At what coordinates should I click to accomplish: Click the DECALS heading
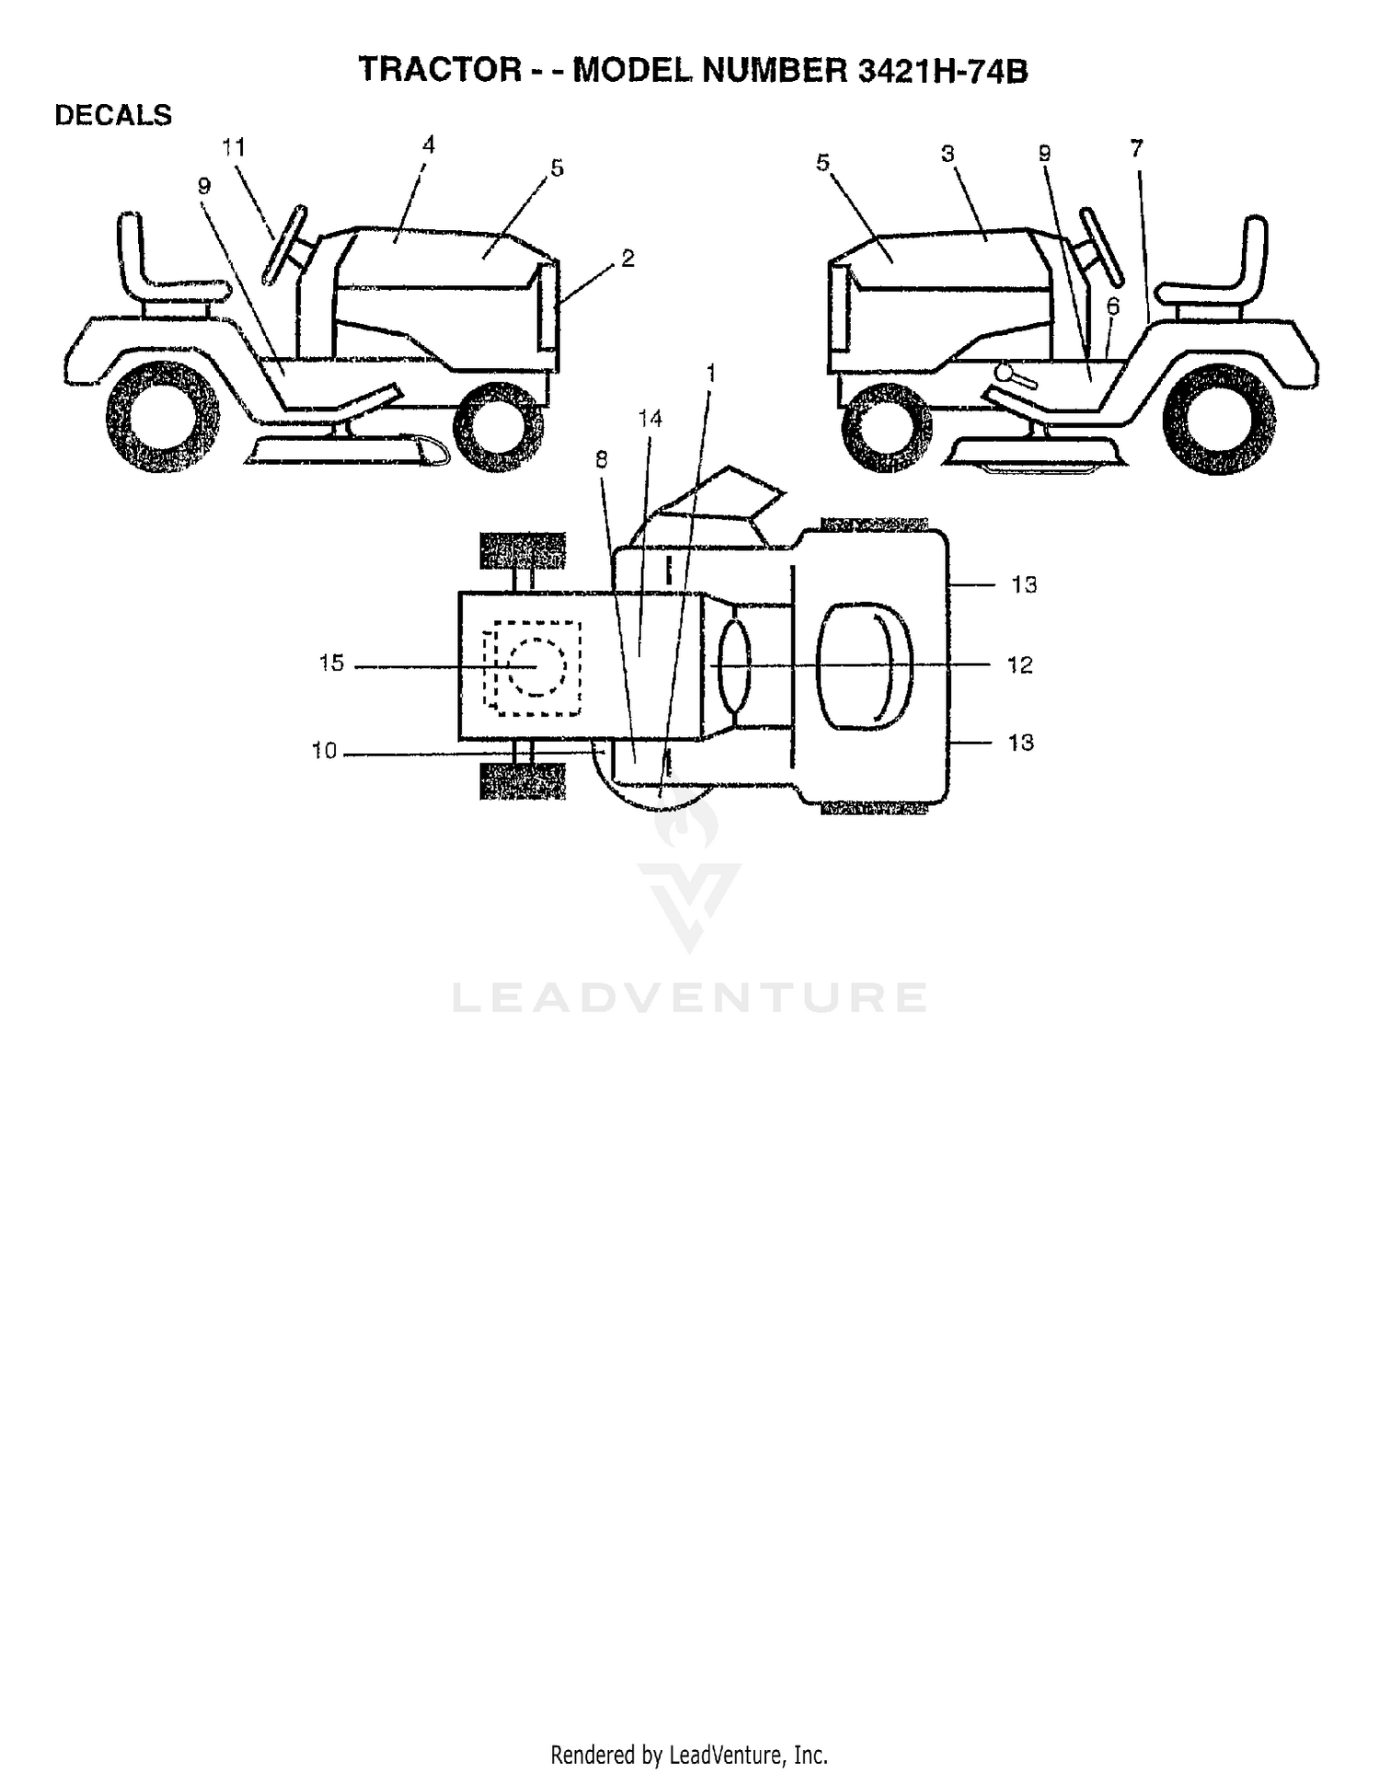(113, 116)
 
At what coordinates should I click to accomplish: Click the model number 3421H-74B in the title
(942, 71)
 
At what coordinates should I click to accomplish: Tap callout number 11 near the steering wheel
(234, 147)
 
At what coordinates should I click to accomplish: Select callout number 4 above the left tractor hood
(428, 144)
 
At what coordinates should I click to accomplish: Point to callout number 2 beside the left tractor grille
(627, 259)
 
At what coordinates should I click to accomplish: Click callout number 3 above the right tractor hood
(949, 154)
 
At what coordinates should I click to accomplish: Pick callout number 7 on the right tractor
(1136, 148)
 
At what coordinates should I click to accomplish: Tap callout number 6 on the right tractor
(1113, 306)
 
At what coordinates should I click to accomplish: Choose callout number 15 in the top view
(331, 662)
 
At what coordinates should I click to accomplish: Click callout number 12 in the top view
(1020, 664)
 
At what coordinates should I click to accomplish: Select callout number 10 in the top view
(324, 751)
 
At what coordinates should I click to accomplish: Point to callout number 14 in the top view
(650, 419)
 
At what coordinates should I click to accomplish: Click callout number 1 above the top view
(709, 373)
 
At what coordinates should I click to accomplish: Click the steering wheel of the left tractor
(285, 244)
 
